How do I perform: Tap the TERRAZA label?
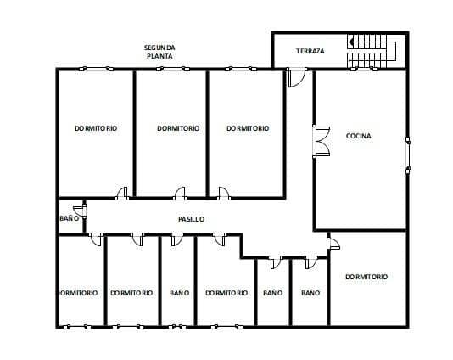310,51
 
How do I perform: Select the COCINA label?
359,136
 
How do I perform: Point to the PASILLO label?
191,219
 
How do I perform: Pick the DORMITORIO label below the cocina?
366,277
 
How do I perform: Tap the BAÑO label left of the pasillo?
70,218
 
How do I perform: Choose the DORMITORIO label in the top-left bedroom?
95,128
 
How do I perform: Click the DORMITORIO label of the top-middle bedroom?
178,128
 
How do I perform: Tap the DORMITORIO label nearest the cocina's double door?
248,128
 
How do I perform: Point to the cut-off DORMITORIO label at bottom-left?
78,293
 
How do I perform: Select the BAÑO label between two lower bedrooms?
179,293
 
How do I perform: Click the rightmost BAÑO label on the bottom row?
310,293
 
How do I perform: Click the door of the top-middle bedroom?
180,193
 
